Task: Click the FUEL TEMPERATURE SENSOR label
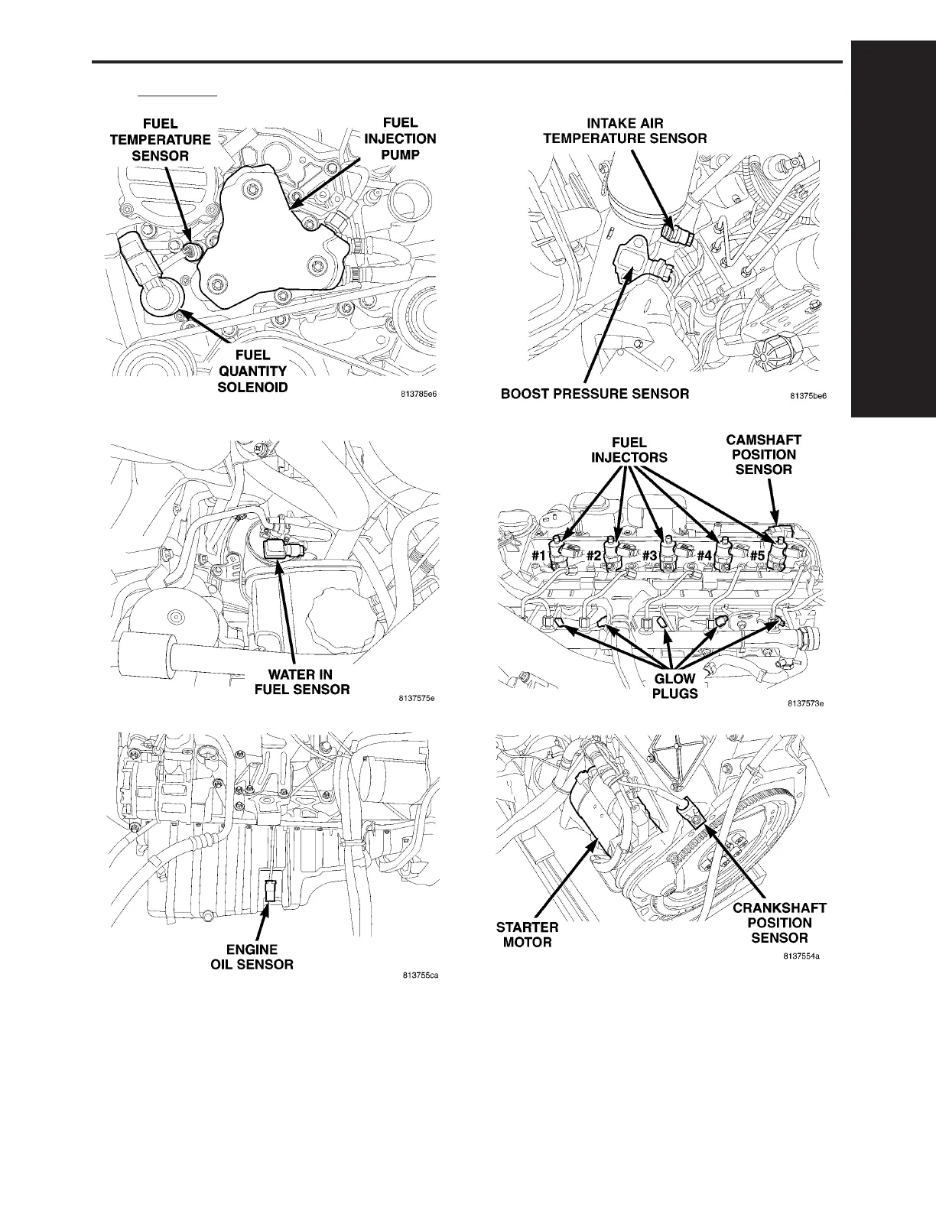pyautogui.click(x=161, y=140)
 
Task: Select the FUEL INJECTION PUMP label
pyautogui.click(x=400, y=139)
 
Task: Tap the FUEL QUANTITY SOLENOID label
pyautogui.click(x=253, y=372)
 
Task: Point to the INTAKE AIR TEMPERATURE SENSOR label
pyautogui.click(x=625, y=131)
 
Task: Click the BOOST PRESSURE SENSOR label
pyautogui.click(x=594, y=394)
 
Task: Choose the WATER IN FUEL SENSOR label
pyautogui.click(x=301, y=682)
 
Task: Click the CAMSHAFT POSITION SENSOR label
pyautogui.click(x=763, y=454)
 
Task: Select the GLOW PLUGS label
pyautogui.click(x=674, y=686)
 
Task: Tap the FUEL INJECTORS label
pyautogui.click(x=629, y=450)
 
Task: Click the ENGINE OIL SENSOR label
pyautogui.click(x=252, y=957)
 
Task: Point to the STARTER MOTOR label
pyautogui.click(x=528, y=934)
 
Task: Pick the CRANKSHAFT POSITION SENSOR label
pyautogui.click(x=779, y=923)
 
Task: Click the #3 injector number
pyautogui.click(x=649, y=556)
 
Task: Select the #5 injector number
pyautogui.click(x=757, y=556)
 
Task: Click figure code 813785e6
pyautogui.click(x=421, y=395)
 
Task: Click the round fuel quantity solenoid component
pyautogui.click(x=164, y=295)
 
